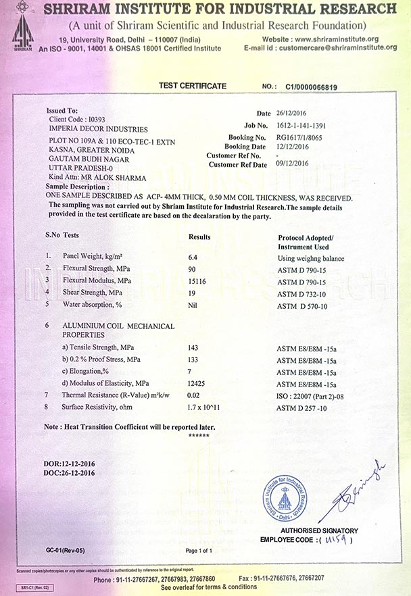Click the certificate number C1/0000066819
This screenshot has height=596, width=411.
(x=312, y=87)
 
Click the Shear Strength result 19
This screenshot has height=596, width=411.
(x=192, y=292)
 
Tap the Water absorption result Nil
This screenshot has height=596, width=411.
(x=193, y=305)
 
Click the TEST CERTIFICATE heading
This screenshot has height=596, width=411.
(x=193, y=86)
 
